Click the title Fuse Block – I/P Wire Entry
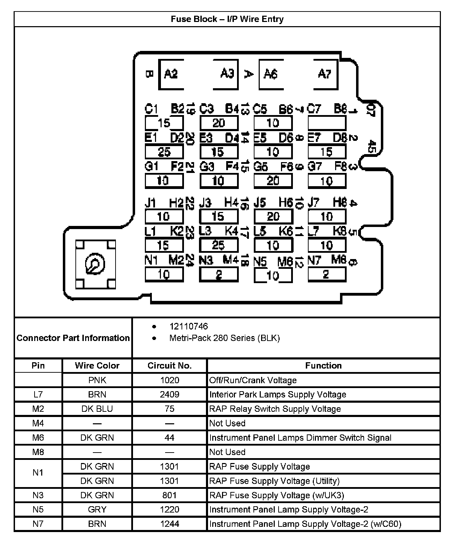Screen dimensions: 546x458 [227, 19]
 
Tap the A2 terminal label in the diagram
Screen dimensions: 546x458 [171, 74]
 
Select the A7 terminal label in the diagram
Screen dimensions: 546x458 [324, 74]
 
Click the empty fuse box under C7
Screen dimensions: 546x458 [327, 123]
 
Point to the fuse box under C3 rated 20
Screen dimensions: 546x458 [219, 123]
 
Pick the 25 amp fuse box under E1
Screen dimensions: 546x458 [164, 152]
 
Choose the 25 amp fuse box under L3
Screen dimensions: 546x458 [219, 245]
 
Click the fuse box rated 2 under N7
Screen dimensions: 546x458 [327, 275]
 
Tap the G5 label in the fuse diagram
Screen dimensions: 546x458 [260, 167]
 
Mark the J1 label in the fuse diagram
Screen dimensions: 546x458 [150, 203]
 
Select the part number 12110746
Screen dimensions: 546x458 [189, 326]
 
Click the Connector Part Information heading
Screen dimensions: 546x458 [73, 338]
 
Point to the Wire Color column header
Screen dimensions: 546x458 [97, 366]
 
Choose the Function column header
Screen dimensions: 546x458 [323, 366]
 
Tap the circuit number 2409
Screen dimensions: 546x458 [169, 394]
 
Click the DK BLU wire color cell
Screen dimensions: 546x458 [97, 409]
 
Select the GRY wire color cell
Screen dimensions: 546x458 [97, 509]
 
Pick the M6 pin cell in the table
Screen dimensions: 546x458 [38, 438]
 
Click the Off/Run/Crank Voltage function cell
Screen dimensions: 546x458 [253, 380]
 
